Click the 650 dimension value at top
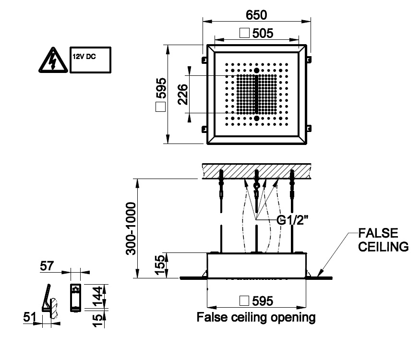click(256, 15)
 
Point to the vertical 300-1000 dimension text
click(130, 228)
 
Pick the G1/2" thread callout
click(293, 220)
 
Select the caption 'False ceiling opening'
click(256, 317)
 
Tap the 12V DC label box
click(90, 60)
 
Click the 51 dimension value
click(29, 317)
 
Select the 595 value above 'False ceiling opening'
click(262, 301)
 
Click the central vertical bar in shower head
click(257, 95)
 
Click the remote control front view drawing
click(75, 297)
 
